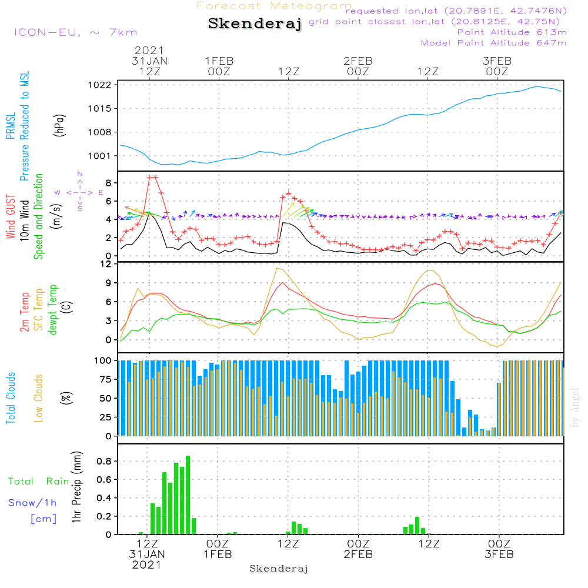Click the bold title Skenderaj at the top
pyautogui.click(x=255, y=24)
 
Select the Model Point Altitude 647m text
pyautogui.click(x=494, y=43)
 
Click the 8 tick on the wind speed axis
pyautogui.click(x=108, y=182)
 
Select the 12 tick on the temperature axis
pyautogui.click(x=106, y=264)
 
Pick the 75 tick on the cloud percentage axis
pyautogui.click(x=105, y=379)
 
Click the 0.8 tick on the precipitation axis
pyautogui.click(x=104, y=461)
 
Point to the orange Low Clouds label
pyautogui.click(x=39, y=397)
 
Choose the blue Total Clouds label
pyautogui.click(x=11, y=397)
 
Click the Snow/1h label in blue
pyautogui.click(x=32, y=503)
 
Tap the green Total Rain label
pyautogui.click(x=39, y=482)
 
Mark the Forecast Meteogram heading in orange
pyautogui.click(x=274, y=6)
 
